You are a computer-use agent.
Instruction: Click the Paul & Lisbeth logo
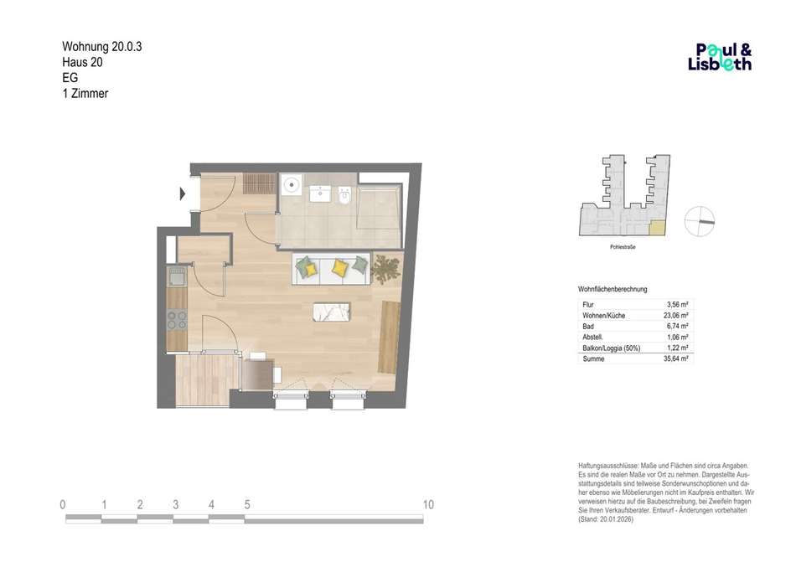click(720, 57)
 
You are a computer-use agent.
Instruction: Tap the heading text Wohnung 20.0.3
click(102, 47)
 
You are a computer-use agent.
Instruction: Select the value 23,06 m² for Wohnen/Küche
click(675, 316)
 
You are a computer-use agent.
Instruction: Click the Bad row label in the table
click(588, 326)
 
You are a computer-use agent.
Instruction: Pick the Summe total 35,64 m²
click(675, 358)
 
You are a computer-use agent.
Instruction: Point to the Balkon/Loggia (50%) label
click(611, 348)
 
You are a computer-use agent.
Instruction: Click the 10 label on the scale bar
click(428, 505)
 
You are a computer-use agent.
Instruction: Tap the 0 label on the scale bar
click(63, 505)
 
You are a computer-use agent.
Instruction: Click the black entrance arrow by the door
click(183, 193)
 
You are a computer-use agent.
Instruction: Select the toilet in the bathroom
click(344, 196)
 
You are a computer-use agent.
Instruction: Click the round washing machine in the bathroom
click(292, 184)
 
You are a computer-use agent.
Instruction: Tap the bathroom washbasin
click(320, 193)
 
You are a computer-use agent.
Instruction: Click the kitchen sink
click(177, 277)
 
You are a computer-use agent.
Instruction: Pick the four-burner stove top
click(177, 320)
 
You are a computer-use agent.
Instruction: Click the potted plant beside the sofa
click(385, 268)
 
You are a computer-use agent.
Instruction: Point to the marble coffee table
click(332, 312)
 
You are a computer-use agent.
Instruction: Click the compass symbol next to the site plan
click(700, 221)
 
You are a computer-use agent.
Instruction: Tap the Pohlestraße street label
click(623, 247)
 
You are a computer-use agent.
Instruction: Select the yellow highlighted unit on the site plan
click(656, 229)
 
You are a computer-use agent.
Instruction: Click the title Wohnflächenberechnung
click(613, 289)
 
